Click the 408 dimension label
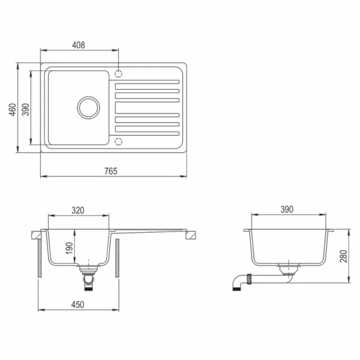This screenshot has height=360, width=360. (79, 45)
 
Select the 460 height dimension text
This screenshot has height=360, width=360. (13, 110)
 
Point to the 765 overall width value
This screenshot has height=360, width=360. (110, 172)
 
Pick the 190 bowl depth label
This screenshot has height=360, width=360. (69, 248)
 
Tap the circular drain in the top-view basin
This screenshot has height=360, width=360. (89, 107)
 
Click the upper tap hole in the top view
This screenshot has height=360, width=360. (118, 74)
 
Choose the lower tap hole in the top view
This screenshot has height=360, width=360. (118, 142)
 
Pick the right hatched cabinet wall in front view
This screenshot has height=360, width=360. (118, 257)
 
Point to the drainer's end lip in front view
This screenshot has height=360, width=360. (190, 236)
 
